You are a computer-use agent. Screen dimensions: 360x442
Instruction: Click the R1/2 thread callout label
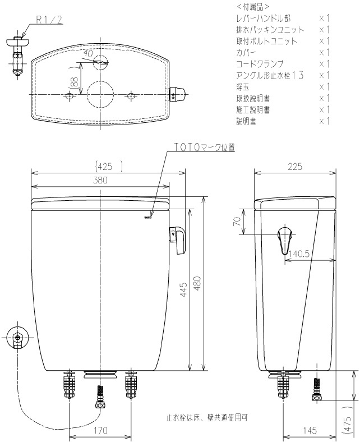pyautogui.click(x=49, y=20)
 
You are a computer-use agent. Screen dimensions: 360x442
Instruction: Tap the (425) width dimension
pyautogui.click(x=109, y=167)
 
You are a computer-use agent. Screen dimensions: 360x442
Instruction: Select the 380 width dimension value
pyautogui.click(x=100, y=180)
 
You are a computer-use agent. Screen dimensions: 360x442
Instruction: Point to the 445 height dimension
pyautogui.click(x=183, y=290)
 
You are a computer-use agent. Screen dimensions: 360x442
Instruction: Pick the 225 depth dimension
pyautogui.click(x=295, y=167)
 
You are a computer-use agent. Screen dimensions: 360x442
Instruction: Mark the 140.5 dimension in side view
pyautogui.click(x=299, y=254)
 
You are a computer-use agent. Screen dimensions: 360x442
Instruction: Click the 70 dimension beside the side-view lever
pyautogui.click(x=237, y=222)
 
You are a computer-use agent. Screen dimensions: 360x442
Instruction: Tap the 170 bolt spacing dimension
pyautogui.click(x=100, y=430)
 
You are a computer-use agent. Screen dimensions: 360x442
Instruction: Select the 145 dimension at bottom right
pyautogui.click(x=310, y=430)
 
